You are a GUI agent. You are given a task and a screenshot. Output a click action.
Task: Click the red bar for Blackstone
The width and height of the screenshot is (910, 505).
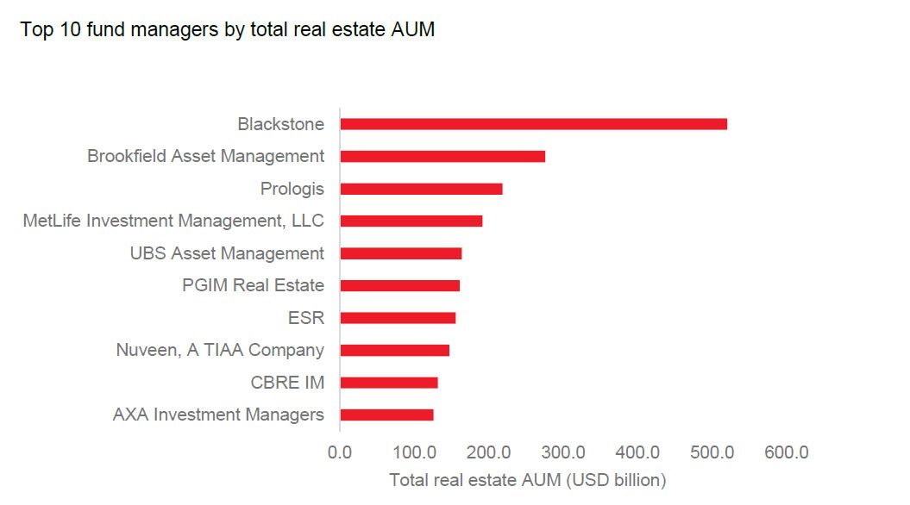[533, 124]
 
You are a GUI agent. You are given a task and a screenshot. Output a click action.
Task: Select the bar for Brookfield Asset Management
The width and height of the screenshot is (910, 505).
[442, 156]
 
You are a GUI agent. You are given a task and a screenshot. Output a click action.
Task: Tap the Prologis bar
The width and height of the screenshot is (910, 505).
[421, 189]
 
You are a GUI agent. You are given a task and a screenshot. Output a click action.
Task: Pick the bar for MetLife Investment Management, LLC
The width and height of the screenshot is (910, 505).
[411, 221]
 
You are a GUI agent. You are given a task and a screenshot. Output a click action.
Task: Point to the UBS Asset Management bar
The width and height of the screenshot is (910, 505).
[400, 253]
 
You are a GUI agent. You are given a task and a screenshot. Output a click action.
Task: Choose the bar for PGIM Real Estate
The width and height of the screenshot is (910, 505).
[399, 285]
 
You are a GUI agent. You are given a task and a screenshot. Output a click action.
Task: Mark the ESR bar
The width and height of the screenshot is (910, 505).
[398, 318]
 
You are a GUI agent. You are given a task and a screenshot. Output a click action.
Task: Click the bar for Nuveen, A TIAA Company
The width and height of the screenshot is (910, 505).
[394, 350]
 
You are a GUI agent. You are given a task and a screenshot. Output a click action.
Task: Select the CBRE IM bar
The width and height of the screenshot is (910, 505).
[389, 383]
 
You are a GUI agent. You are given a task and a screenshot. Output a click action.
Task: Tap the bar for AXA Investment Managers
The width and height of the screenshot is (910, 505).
[386, 415]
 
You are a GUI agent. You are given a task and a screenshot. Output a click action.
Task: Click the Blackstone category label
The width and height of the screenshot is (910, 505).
[280, 124]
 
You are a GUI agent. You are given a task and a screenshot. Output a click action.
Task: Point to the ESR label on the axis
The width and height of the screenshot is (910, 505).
[306, 318]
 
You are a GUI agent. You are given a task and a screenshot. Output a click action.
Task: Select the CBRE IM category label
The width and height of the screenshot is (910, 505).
[287, 383]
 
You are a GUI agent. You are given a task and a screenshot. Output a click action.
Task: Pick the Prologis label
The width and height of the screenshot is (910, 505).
[292, 189]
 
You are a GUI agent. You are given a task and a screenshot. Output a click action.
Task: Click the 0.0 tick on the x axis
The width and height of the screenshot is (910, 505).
[341, 452]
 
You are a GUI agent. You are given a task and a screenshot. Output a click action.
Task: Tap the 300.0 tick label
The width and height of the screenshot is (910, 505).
[563, 452]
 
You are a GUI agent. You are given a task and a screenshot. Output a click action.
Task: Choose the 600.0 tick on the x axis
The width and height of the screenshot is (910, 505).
[786, 452]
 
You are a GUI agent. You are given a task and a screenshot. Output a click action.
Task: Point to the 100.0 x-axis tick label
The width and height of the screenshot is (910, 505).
[415, 452]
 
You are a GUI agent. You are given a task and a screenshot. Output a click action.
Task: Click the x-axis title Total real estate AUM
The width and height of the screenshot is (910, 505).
[527, 479]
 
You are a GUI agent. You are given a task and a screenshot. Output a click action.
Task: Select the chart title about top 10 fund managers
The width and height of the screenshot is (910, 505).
[227, 30]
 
